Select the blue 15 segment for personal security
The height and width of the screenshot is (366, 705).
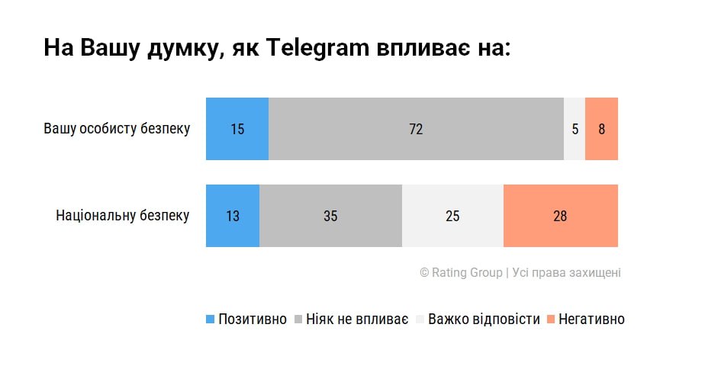tap(237, 129)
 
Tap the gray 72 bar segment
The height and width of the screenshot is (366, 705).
tap(416, 129)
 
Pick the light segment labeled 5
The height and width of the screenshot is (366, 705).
tap(575, 129)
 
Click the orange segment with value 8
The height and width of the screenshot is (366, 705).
tap(601, 129)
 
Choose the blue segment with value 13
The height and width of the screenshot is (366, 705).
tap(233, 216)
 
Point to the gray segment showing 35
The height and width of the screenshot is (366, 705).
tap(330, 216)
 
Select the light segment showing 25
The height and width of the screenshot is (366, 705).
tap(452, 216)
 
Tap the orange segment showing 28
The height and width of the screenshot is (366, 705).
tap(560, 216)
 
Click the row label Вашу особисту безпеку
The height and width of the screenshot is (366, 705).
tap(116, 129)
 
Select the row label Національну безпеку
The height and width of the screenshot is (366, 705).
tap(122, 216)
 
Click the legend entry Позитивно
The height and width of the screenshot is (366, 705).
tap(253, 319)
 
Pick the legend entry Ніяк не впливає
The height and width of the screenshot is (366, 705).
tap(357, 319)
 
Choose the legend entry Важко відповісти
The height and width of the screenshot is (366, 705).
tap(484, 319)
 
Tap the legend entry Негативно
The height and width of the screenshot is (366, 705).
tap(591, 319)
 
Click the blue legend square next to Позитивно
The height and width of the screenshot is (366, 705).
tap(211, 319)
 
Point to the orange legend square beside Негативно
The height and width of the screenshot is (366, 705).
tap(551, 319)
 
